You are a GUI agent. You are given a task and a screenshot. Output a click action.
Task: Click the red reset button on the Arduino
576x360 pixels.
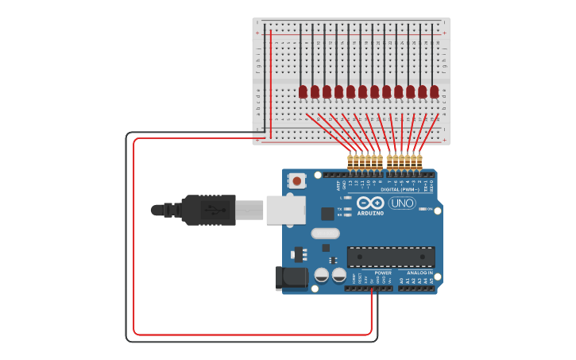296,180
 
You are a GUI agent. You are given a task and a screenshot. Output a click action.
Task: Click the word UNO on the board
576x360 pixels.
402,203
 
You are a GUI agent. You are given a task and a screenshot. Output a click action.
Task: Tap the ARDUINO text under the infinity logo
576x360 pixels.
370,213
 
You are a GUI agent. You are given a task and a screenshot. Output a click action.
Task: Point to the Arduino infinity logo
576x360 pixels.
370,203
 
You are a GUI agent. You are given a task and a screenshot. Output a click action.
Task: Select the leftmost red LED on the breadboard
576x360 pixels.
303,91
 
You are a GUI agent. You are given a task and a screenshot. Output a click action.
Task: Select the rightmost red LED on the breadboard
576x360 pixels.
434,91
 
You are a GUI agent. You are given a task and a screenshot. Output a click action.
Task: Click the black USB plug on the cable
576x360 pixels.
208,210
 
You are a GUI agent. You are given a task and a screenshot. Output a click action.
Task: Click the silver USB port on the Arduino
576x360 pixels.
285,210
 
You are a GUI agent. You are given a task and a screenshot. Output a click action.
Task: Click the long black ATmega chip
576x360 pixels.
390,257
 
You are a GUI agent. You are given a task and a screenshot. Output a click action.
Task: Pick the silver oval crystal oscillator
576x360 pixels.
325,234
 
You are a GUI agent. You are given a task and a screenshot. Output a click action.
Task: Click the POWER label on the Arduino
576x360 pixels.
383,273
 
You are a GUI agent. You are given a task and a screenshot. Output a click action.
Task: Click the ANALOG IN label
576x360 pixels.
419,273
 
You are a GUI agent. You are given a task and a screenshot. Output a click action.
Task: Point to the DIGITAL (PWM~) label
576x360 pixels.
400,189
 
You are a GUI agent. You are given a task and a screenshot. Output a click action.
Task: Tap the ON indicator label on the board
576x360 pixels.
430,209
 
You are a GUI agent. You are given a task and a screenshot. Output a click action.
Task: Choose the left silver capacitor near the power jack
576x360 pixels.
321,275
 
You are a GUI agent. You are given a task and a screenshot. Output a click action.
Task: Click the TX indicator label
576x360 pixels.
340,208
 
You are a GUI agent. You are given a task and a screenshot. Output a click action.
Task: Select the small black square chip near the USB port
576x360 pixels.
327,214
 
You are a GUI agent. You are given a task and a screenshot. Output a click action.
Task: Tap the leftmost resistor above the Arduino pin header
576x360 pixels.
350,161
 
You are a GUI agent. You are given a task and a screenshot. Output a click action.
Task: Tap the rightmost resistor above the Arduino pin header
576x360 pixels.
419,161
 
